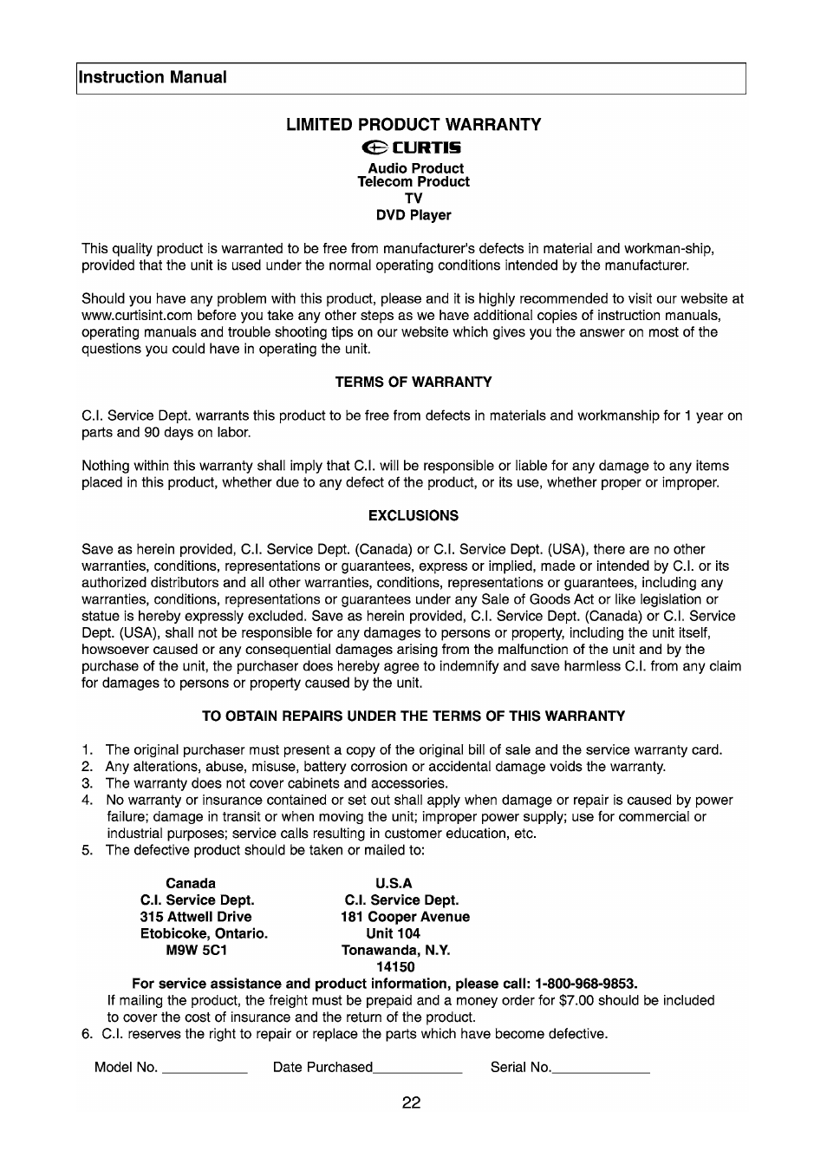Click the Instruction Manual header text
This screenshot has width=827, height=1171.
pyautogui.click(x=153, y=77)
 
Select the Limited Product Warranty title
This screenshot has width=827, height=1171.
pyautogui.click(x=413, y=125)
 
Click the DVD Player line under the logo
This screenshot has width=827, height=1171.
pyautogui.click(x=413, y=215)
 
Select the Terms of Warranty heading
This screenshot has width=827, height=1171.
pyautogui.click(x=413, y=382)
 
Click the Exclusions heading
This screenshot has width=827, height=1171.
pyautogui.click(x=413, y=515)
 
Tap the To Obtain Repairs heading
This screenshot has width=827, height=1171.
pyautogui.click(x=413, y=716)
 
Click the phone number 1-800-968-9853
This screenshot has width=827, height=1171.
pyautogui.click(x=585, y=984)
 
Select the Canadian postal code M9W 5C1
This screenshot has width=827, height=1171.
pyautogui.click(x=196, y=950)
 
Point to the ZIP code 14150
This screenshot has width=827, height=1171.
pyautogui.click(x=395, y=966)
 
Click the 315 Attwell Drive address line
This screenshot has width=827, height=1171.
pyautogui.click(x=196, y=917)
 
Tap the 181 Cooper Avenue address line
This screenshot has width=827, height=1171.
pyautogui.click(x=405, y=917)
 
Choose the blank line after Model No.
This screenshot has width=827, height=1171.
pyautogui.click(x=205, y=1070)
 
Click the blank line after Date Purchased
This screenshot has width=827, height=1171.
pyautogui.click(x=418, y=1070)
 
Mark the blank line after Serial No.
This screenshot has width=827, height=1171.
pyautogui.click(x=601, y=1070)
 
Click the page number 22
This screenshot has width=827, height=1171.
pyautogui.click(x=412, y=1103)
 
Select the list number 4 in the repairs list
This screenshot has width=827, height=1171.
pyautogui.click(x=87, y=800)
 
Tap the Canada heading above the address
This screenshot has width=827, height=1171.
pyautogui.click(x=191, y=884)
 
